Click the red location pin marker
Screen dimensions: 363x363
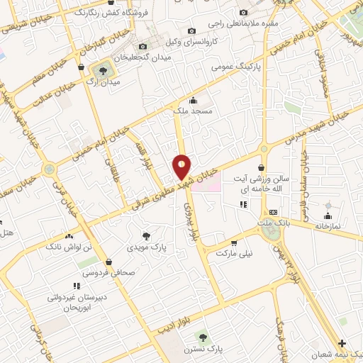coord(182,167)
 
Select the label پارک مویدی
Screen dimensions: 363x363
coord(146,248)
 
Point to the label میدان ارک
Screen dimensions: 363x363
coord(104,82)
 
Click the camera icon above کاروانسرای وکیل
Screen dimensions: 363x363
coord(191,30)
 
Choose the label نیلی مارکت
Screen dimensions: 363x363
coord(234,252)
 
